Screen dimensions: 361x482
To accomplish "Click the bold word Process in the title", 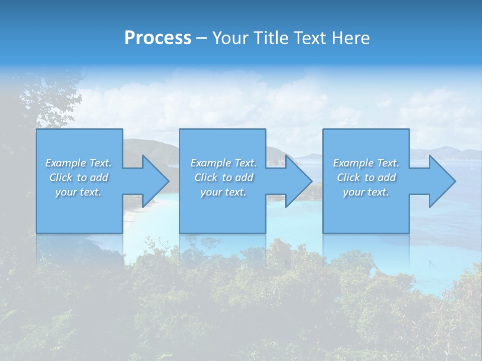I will click(x=158, y=38).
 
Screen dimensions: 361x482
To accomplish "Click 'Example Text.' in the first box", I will click(x=78, y=163).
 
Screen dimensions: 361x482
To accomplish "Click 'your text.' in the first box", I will click(x=78, y=192).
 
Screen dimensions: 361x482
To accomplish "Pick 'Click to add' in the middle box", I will click(x=223, y=177).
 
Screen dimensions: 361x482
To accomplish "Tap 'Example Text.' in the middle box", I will click(x=223, y=163).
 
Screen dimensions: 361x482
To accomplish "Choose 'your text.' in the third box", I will click(x=366, y=192).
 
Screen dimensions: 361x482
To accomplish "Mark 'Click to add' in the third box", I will click(x=366, y=177).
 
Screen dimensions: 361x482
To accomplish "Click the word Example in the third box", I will click(x=353, y=163).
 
